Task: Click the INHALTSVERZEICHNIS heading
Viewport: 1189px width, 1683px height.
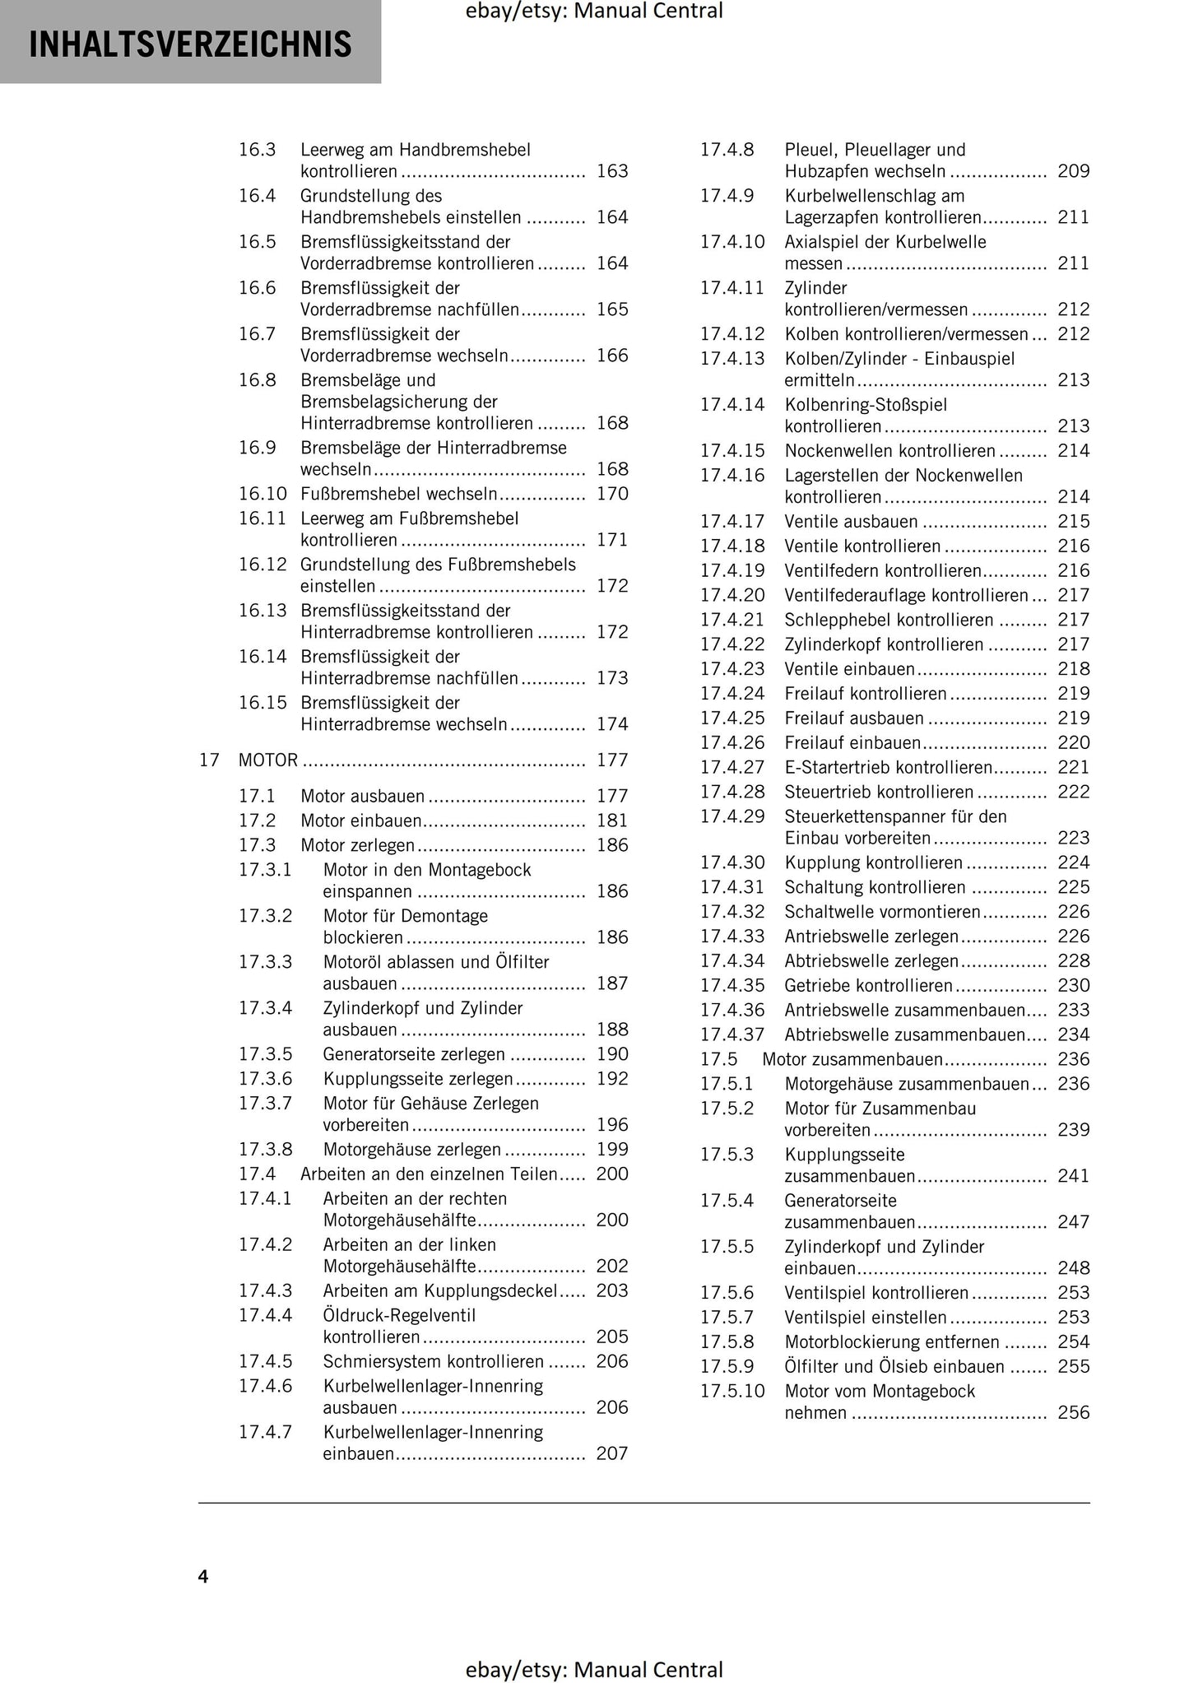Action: click(190, 44)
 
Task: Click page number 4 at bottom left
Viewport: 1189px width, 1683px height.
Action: click(203, 1576)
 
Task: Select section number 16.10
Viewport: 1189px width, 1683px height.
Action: click(262, 494)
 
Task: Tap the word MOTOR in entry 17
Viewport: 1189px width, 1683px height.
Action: click(268, 760)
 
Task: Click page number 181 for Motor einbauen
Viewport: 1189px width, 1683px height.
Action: click(612, 821)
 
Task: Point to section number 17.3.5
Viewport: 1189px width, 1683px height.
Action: click(265, 1054)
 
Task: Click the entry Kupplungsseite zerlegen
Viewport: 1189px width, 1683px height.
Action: click(418, 1079)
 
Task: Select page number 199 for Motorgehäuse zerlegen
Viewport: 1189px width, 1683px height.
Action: click(612, 1150)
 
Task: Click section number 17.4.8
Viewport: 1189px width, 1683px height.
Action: click(727, 150)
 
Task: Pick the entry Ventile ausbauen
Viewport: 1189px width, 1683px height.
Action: click(851, 522)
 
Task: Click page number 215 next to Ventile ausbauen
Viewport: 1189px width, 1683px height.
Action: click(1074, 522)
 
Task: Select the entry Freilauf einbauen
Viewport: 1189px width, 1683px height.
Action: click(852, 743)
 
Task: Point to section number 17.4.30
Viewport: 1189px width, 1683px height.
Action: click(732, 862)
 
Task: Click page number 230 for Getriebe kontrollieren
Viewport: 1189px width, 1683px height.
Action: click(1074, 986)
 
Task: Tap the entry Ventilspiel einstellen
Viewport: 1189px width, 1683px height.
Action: click(866, 1318)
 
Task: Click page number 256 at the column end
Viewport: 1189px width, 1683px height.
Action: click(1074, 1413)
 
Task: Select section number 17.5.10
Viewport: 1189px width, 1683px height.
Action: click(732, 1392)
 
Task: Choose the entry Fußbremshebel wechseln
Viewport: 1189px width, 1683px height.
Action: click(399, 494)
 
